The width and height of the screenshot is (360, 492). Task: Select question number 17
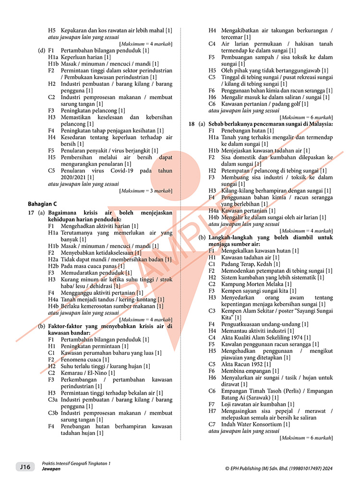tap(30, 213)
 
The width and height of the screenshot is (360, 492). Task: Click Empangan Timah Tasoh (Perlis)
tap(252, 391)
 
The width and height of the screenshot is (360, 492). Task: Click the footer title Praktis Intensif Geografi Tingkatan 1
tap(76, 463)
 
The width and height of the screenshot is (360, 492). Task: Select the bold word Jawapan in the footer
tap(51, 469)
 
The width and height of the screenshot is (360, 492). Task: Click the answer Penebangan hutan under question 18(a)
tap(244, 130)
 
